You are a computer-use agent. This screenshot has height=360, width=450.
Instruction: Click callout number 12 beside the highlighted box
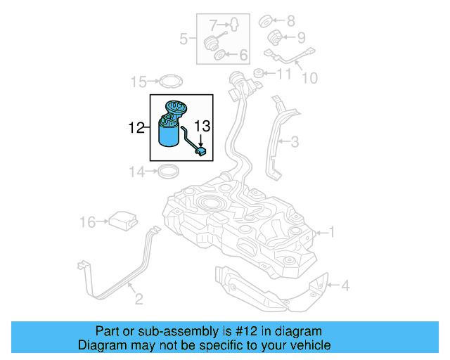tap(136, 128)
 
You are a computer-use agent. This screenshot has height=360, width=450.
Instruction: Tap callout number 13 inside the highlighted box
tap(202, 127)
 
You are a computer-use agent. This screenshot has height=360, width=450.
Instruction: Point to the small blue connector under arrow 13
tap(201, 150)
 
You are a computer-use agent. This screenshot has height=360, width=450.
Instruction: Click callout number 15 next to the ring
tap(138, 82)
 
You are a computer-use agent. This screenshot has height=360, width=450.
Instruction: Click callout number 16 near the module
tap(87, 222)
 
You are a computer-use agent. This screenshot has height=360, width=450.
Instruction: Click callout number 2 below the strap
tap(139, 300)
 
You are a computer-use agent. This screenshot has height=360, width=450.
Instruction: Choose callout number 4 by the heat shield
tap(345, 285)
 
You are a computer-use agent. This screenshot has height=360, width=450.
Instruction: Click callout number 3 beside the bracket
tap(294, 142)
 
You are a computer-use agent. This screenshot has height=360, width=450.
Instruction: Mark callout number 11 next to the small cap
tap(283, 73)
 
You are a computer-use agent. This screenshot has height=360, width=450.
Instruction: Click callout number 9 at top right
tap(301, 37)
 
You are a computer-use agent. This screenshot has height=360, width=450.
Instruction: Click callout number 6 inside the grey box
tap(243, 55)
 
